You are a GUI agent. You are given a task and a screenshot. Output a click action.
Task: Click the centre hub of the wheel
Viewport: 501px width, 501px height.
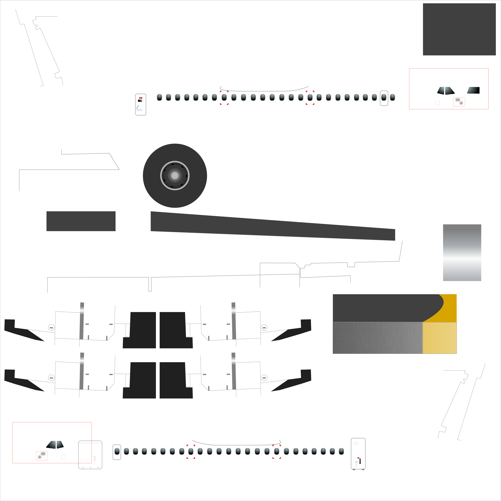click(x=175, y=176)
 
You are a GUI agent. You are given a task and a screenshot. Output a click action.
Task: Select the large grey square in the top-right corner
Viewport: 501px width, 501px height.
click(x=459, y=29)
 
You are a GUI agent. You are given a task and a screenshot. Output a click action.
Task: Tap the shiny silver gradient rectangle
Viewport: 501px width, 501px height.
click(x=462, y=253)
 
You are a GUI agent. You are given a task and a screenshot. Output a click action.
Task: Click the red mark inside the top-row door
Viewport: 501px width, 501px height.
click(x=141, y=98)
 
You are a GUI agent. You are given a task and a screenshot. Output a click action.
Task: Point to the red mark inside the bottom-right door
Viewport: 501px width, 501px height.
click(x=358, y=458)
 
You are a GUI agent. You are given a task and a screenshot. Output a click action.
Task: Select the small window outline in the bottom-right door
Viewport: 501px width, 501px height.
click(x=356, y=443)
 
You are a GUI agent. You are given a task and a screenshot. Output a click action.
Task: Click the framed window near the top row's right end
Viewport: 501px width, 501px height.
click(x=384, y=98)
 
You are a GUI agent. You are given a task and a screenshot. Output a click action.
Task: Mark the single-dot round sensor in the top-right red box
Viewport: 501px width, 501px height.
click(x=461, y=103)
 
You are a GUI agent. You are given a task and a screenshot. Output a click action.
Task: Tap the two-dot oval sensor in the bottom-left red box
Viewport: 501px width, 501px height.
click(x=43, y=454)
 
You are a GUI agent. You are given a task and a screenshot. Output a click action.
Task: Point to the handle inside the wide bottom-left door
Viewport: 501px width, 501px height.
click(x=95, y=460)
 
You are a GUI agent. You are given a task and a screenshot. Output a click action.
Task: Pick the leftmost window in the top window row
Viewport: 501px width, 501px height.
click(x=159, y=97)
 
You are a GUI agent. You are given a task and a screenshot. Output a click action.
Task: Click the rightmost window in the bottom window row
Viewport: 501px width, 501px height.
click(x=341, y=451)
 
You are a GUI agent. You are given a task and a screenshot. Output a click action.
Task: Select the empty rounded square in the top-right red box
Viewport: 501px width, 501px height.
click(x=438, y=103)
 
